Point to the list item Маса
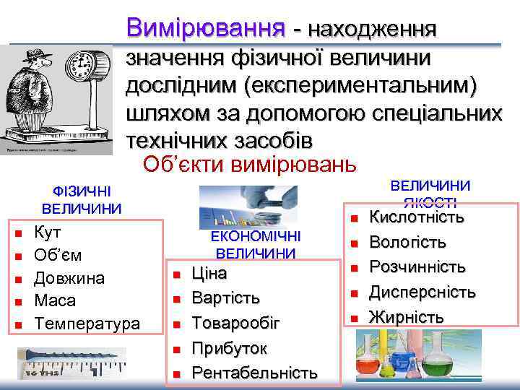55,300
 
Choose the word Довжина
69,278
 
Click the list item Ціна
209,274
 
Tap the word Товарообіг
235,323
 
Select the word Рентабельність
253,373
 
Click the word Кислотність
416,217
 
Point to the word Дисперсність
422,292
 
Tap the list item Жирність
407,316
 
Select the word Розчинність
417,266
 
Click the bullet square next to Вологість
355,243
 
